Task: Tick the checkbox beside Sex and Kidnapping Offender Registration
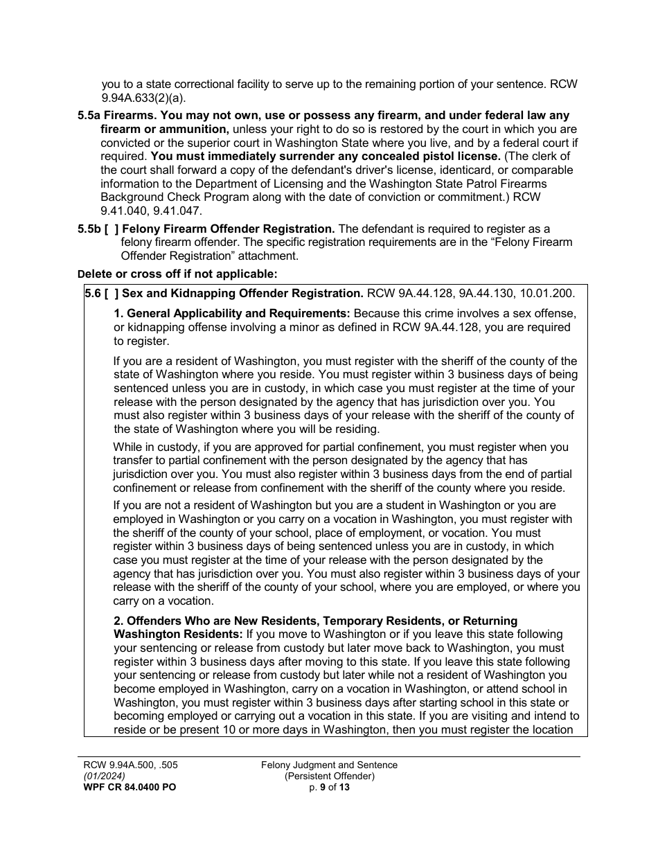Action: [112, 293]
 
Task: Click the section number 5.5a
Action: [93, 116]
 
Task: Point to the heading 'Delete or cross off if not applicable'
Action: [177, 274]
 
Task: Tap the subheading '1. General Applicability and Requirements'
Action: [232, 314]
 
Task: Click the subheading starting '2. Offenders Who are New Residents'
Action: [315, 621]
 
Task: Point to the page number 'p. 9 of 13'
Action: [329, 788]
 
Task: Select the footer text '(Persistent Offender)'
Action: [329, 776]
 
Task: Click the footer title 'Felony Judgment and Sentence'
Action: [329, 765]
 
